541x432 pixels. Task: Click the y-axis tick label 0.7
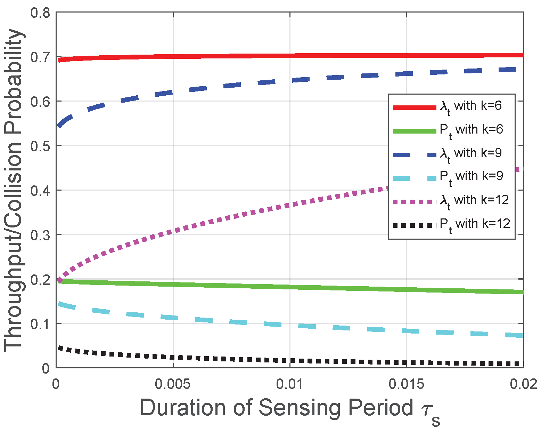pos(40,57)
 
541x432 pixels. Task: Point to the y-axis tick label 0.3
pos(40,235)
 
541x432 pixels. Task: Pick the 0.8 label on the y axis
pos(40,13)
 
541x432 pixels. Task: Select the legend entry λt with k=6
pos(471,106)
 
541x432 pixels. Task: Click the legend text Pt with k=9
pos(471,177)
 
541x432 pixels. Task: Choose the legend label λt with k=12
pos(474,201)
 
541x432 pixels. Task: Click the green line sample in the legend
pos(414,131)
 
